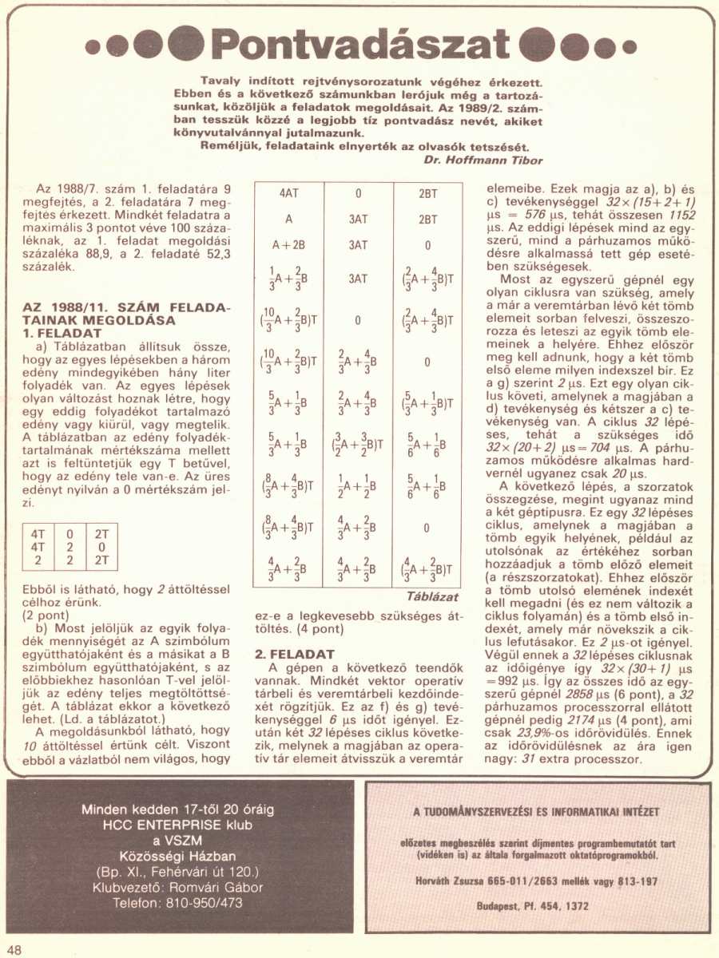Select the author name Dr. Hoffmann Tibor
click(483, 160)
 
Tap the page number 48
click(15, 949)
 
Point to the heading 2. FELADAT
click(295, 654)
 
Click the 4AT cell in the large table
click(289, 193)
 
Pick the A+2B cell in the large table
click(289, 245)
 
